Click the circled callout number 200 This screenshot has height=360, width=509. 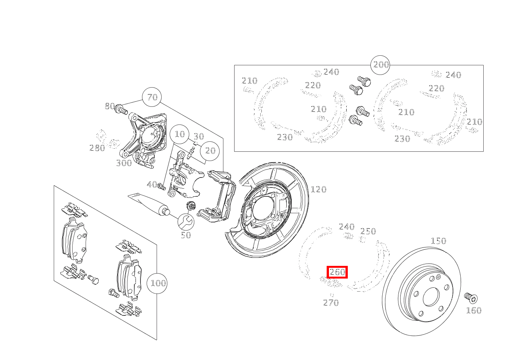(380, 65)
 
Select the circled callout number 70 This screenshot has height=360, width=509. (152, 97)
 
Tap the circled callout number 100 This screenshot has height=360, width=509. (158, 284)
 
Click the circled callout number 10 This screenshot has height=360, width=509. (180, 134)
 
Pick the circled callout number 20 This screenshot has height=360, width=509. (210, 151)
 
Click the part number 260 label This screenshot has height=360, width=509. (337, 272)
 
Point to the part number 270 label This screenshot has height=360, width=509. (331, 303)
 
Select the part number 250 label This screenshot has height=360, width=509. (368, 231)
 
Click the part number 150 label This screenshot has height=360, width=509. (438, 241)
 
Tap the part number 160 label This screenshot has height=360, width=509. (473, 310)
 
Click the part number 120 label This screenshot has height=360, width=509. (318, 189)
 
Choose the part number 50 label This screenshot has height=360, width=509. (186, 235)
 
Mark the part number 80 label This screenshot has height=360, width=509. (110, 106)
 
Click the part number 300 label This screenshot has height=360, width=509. (124, 163)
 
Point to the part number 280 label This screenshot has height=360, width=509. (97, 148)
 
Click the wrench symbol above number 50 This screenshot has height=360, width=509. (186, 221)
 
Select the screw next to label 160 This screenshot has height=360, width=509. (470, 298)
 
